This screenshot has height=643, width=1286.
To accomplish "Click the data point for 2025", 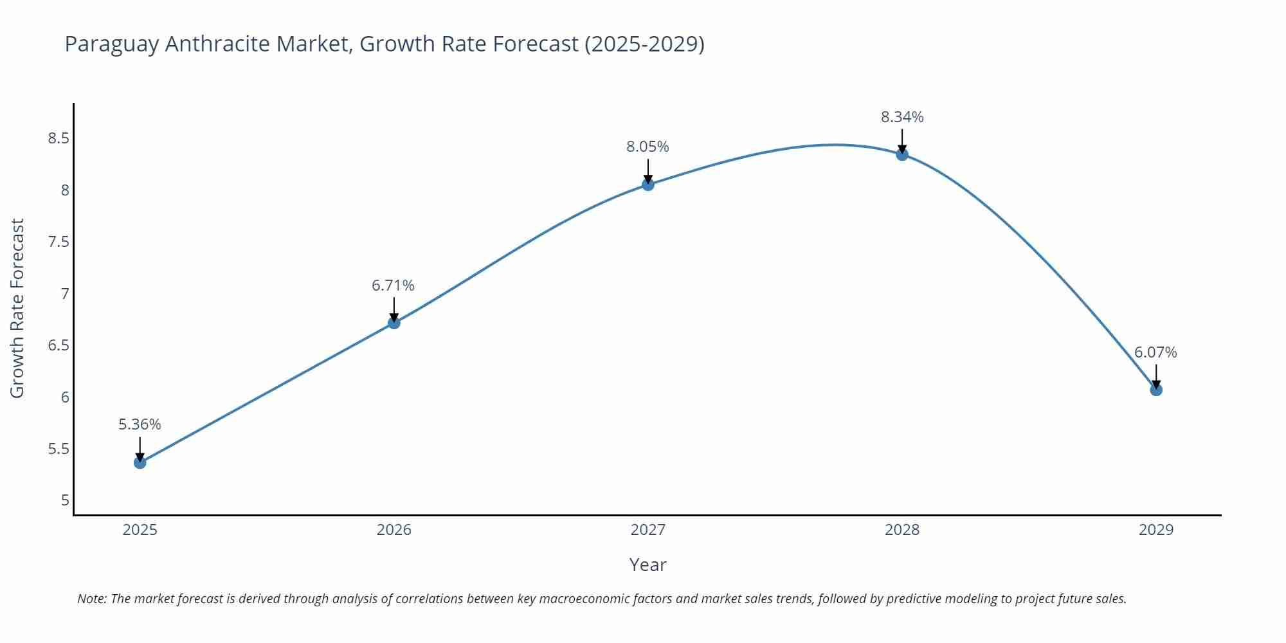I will pyautogui.click(x=140, y=462).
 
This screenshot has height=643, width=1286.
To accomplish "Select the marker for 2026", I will pyautogui.click(x=394, y=323).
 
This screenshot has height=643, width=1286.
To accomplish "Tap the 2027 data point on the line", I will pyautogui.click(x=648, y=185).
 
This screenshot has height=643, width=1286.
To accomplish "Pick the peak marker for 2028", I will pyautogui.click(x=902, y=154).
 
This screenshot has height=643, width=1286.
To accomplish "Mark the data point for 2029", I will pyautogui.click(x=1156, y=390).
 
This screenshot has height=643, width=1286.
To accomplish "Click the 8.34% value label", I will pyautogui.click(x=902, y=117).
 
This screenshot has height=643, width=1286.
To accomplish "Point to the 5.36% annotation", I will pyautogui.click(x=140, y=424).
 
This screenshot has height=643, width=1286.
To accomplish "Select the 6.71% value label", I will pyautogui.click(x=393, y=285).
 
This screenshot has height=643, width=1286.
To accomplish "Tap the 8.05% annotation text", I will pyautogui.click(x=648, y=147).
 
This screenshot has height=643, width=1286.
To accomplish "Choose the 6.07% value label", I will pyautogui.click(x=1155, y=352).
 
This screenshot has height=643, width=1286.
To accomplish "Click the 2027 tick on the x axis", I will pyautogui.click(x=648, y=530).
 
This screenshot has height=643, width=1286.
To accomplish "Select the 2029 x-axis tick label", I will pyautogui.click(x=1156, y=530).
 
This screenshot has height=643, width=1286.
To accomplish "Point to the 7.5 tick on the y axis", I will pyautogui.click(x=59, y=242).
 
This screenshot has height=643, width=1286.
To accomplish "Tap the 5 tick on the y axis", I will pyautogui.click(x=65, y=500).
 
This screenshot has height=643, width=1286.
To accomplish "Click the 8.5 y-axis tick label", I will pyautogui.click(x=59, y=138).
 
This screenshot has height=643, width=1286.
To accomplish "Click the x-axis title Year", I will pyautogui.click(x=648, y=565).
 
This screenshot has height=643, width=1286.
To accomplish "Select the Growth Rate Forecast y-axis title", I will pyautogui.click(x=17, y=308).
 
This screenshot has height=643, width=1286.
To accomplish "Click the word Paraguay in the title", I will pyautogui.click(x=111, y=44).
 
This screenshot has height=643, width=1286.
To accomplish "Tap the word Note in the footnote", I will pyautogui.click(x=91, y=599).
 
